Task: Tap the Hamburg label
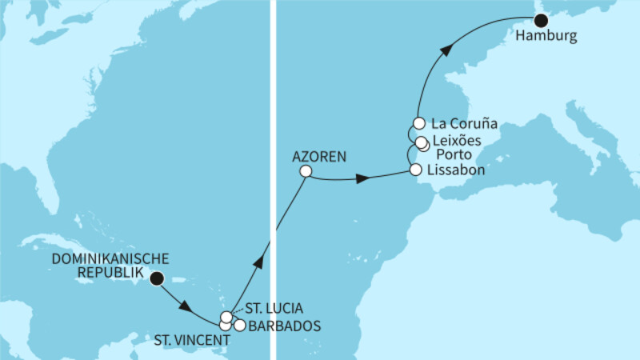546,37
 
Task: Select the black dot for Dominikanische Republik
157,278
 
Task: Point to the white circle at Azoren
305,171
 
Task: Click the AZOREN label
319,157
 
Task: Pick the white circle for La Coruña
418,124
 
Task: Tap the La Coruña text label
464,124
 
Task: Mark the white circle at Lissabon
414,170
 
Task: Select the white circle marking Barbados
239,325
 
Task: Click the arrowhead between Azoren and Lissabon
362,180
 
